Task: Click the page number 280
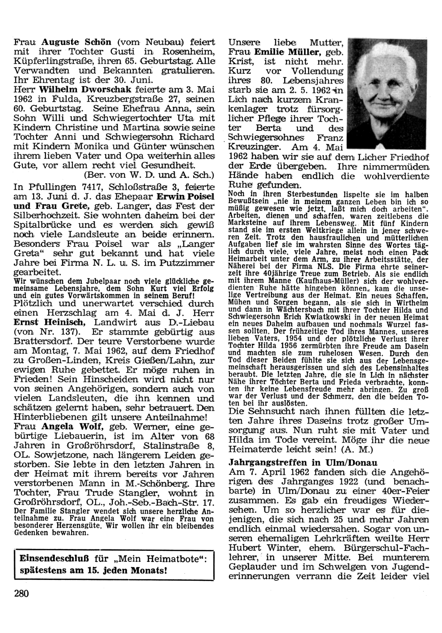click(21, 593)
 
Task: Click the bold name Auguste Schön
click(76, 43)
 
